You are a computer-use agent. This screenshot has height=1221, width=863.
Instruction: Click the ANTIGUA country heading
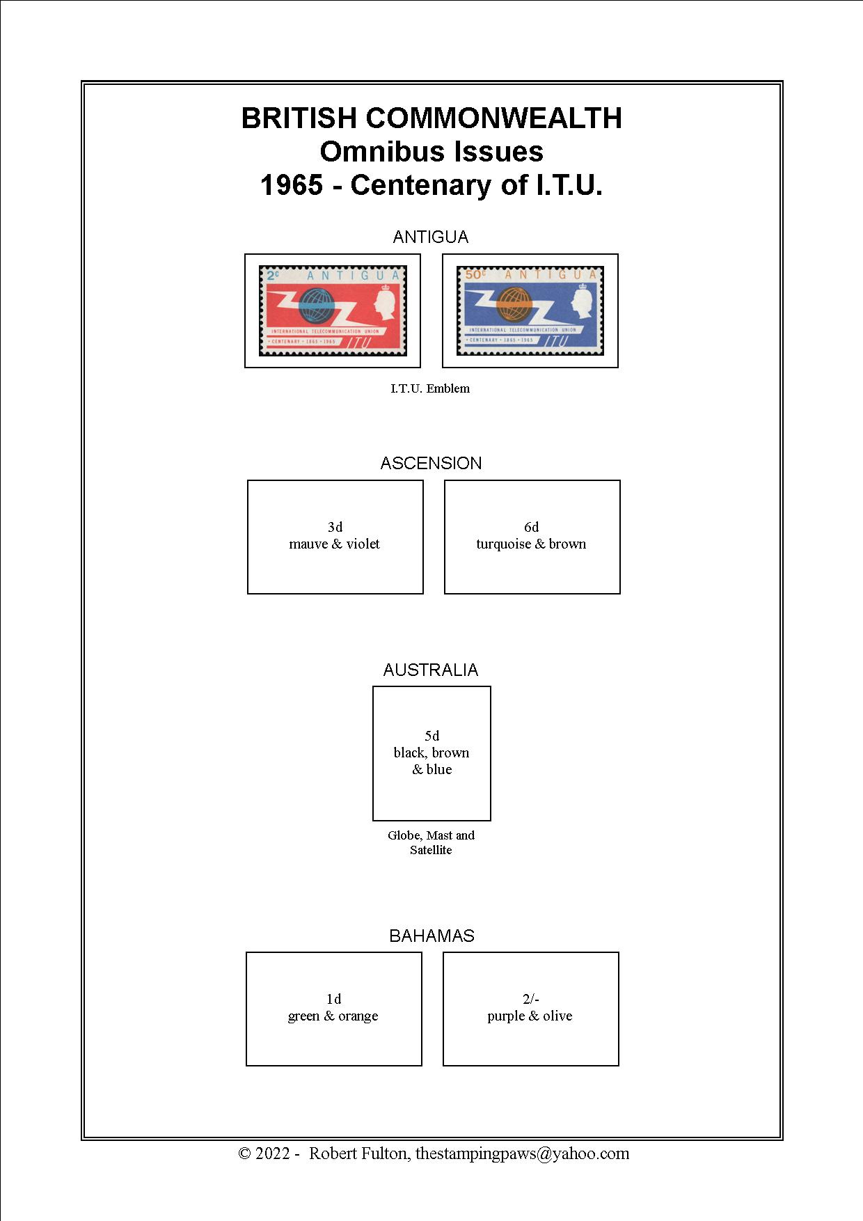coord(431,237)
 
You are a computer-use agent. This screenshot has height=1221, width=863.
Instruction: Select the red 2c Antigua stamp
coord(333,310)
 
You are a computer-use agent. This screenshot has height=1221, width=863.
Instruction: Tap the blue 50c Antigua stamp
coord(530,310)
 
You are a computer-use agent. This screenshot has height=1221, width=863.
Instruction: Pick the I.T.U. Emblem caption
coord(430,388)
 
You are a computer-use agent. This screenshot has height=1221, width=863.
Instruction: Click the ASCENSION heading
coord(431,464)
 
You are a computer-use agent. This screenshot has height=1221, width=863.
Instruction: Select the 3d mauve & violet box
coord(335,537)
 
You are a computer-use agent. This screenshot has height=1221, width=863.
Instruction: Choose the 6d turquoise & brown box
coord(532,537)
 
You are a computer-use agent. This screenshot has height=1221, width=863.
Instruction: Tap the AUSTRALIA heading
coord(431,670)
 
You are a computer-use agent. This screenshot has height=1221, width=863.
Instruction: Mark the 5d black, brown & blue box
coord(431,753)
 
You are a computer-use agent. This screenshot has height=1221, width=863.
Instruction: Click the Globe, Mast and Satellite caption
coord(431,842)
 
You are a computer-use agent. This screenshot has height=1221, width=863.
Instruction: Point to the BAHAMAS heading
coord(431,936)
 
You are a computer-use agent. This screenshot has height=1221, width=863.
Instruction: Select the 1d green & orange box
coord(334,1009)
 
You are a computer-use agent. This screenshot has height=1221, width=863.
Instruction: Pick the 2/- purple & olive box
coord(531,1009)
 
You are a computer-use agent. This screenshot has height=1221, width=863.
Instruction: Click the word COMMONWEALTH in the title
coord(493,118)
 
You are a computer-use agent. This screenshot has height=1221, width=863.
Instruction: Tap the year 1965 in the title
coord(292,185)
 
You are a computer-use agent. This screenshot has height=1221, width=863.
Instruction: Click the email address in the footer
coord(523,1153)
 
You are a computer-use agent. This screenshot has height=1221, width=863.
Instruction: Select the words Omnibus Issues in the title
coord(431,152)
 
